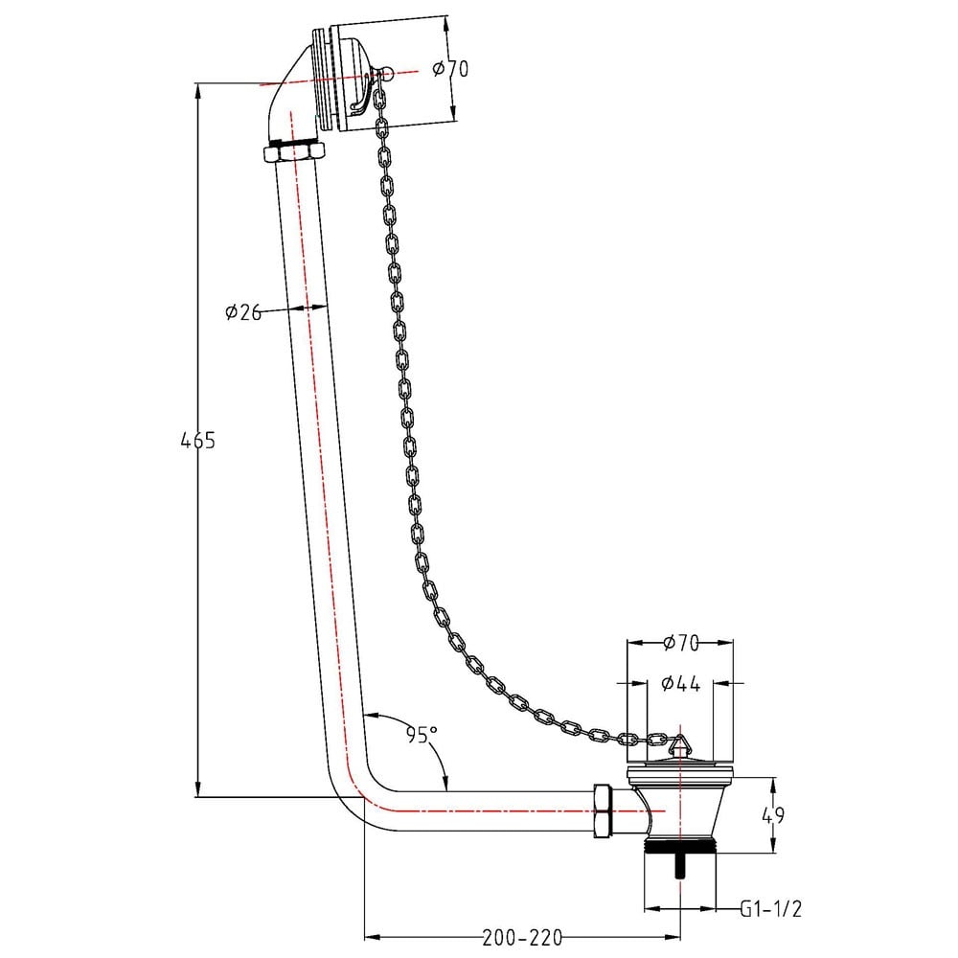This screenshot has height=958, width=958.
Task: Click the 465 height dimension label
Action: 198,440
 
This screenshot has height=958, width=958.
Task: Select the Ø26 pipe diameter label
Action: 243,312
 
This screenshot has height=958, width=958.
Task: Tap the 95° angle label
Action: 422,735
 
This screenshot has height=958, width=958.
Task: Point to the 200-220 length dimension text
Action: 522,937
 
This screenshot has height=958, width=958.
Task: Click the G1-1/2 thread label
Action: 770,908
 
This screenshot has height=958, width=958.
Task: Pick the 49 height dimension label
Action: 773,815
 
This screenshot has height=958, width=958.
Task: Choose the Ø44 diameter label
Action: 680,683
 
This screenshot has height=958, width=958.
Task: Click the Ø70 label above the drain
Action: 680,643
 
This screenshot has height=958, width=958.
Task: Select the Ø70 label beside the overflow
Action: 451,68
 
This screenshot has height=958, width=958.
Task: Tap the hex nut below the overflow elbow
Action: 293,151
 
